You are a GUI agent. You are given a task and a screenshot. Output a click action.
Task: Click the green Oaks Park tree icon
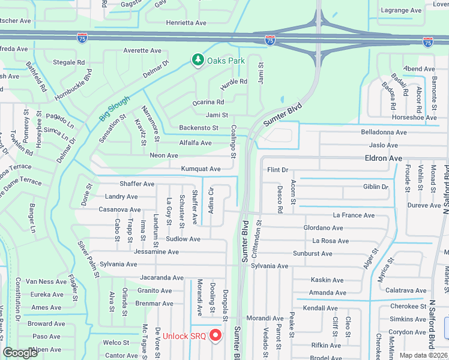pyautogui.click(x=197, y=60)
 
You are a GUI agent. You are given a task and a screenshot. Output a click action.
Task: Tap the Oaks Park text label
pyautogui.click(x=226, y=61)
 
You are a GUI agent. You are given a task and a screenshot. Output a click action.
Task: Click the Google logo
pyautogui.click(x=20, y=353)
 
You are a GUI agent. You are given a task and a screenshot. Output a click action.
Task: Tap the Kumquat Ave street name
pyautogui.click(x=200, y=169)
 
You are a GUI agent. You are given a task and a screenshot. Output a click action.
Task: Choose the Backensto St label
pyautogui.click(x=199, y=128)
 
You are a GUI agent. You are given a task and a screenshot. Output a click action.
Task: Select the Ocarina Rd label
pyautogui.click(x=208, y=103)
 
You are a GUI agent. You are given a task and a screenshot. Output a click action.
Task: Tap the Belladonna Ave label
pyautogui.click(x=384, y=132)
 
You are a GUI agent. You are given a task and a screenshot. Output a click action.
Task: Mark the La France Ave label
pyautogui.click(x=354, y=215)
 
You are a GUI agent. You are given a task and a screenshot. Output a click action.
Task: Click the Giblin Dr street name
pyautogui.click(x=376, y=187)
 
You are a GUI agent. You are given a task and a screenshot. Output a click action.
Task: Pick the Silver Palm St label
pyautogui.click(x=88, y=259)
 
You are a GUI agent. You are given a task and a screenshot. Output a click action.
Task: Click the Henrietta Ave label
pyautogui.click(x=186, y=23)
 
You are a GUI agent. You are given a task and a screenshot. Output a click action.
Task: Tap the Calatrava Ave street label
pyautogui.click(x=406, y=290)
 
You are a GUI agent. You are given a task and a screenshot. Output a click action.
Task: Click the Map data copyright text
pyautogui.click(x=423, y=355)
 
